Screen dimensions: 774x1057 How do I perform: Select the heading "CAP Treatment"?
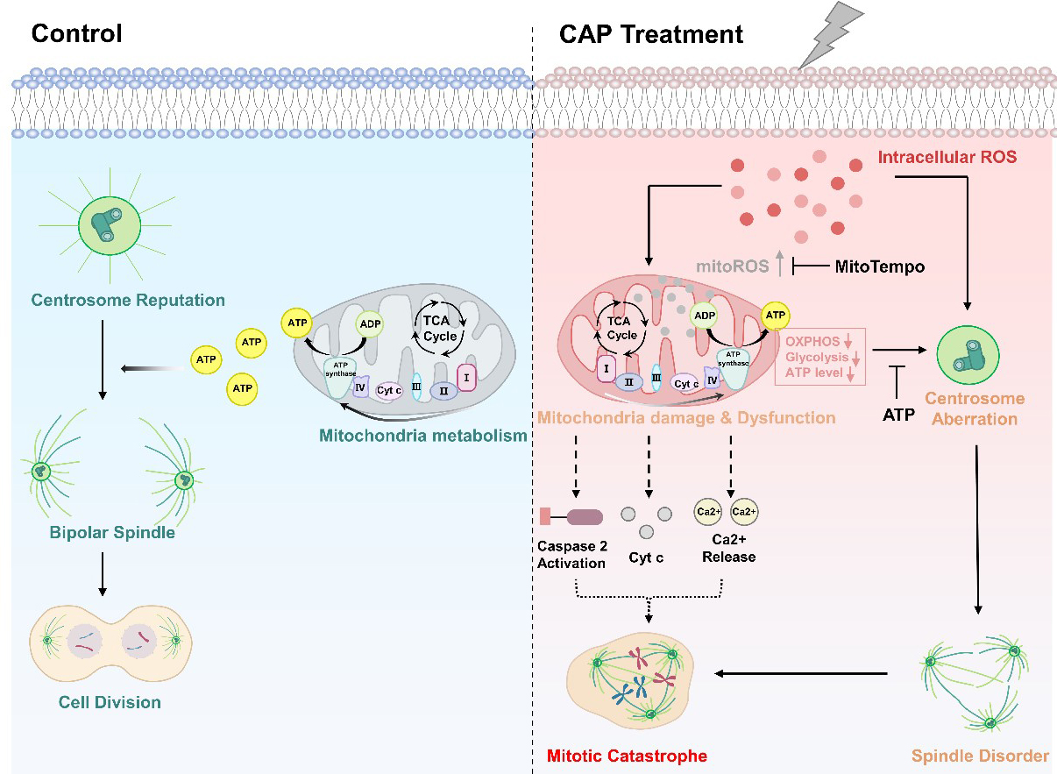tap(651, 34)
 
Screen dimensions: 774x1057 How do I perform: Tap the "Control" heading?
tap(76, 34)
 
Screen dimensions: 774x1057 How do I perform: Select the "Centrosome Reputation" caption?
tap(128, 301)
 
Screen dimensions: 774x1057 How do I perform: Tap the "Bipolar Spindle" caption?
tap(111, 532)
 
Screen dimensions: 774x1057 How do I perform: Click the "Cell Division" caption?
tap(110, 701)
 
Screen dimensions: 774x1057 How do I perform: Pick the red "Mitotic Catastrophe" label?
tap(627, 755)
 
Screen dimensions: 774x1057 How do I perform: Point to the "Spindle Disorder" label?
tap(980, 755)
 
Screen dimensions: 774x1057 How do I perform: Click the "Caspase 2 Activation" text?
tap(571, 554)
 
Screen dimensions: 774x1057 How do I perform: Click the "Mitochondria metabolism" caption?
tap(422, 435)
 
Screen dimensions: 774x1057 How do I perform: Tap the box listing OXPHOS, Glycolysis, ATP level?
tap(819, 356)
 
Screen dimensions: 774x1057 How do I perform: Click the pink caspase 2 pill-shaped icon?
tap(584, 517)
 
